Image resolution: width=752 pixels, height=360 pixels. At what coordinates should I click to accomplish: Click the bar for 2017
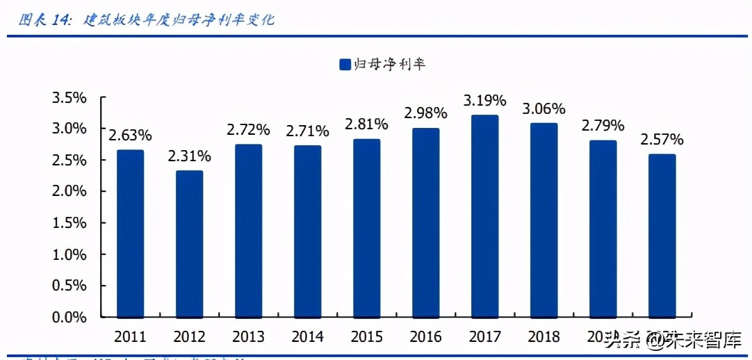[x=484, y=216]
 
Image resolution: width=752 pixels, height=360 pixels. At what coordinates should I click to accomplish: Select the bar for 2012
[x=189, y=244]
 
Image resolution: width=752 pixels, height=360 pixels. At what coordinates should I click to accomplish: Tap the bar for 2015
[x=366, y=228]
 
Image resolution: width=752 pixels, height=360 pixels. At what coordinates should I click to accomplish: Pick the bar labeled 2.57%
[x=662, y=236]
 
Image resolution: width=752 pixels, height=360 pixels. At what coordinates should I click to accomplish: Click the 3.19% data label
[x=484, y=101]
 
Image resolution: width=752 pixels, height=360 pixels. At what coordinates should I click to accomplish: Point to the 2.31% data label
[x=189, y=156]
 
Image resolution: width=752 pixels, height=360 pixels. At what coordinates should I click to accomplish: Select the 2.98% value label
[x=425, y=113]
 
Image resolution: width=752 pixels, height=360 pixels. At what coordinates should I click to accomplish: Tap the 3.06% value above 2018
[x=543, y=109]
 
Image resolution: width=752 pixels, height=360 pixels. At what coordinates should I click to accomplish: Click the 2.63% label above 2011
[x=130, y=136]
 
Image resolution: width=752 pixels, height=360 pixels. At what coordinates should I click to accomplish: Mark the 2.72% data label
[x=248, y=130]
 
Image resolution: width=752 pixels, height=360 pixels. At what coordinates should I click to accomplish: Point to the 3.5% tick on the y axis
[x=70, y=98]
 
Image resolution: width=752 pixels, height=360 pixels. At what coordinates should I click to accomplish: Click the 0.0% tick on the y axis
[x=70, y=318]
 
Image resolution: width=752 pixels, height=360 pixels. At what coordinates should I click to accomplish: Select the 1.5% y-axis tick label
[x=70, y=223]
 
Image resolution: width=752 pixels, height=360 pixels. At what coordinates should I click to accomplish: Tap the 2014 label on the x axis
[x=307, y=337]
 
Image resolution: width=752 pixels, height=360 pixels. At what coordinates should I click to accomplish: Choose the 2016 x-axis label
[x=425, y=337]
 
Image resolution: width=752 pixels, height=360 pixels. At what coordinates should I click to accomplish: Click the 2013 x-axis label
[x=248, y=337]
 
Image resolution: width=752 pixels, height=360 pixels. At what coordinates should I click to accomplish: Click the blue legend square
[x=344, y=65]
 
